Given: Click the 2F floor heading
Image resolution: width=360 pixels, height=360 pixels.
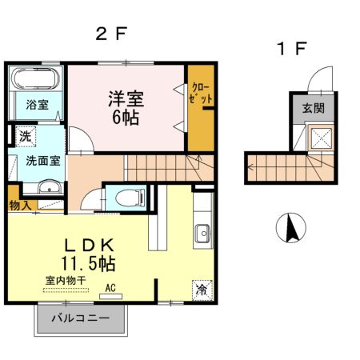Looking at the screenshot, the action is pyautogui.click(x=110, y=34).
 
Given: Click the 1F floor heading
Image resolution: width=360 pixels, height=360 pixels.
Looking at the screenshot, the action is pyautogui.click(x=291, y=49).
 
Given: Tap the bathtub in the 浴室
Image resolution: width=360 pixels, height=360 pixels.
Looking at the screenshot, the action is pyautogui.click(x=37, y=78).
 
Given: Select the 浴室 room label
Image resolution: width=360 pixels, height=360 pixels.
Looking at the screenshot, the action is pyautogui.click(x=37, y=105).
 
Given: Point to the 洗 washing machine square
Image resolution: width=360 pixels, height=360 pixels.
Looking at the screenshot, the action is pyautogui.click(x=26, y=137).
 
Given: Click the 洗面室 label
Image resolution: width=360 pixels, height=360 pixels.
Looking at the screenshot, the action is pyautogui.click(x=43, y=162).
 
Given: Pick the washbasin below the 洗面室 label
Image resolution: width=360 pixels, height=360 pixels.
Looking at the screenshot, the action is pyautogui.click(x=50, y=187).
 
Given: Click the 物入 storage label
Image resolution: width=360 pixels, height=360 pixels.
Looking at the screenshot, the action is pyautogui.click(x=19, y=206).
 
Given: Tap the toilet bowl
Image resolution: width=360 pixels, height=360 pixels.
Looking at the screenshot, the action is pyautogui.click(x=131, y=198).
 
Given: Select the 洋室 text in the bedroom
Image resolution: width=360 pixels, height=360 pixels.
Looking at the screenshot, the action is pyautogui.click(x=126, y=99).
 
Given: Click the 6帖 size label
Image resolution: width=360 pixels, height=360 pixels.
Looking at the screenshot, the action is pyautogui.click(x=126, y=118).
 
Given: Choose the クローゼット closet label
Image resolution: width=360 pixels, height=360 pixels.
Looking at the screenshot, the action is pyautogui.click(x=201, y=94).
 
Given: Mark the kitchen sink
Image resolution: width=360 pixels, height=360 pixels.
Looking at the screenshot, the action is pyautogui.click(x=203, y=234).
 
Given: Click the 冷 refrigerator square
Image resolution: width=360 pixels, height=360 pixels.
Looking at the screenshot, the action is pyautogui.click(x=202, y=290).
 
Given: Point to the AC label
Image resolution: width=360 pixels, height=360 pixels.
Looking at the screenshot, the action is pyautogui.click(x=110, y=288).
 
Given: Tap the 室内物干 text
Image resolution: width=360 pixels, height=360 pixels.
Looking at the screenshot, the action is pyautogui.click(x=66, y=281).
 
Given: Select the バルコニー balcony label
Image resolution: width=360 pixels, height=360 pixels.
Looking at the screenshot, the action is pyautogui.click(x=81, y=318).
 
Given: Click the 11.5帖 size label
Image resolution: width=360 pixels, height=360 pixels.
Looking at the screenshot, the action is pyautogui.click(x=88, y=263).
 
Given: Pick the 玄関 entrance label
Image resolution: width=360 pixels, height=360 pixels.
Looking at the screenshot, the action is pyautogui.click(x=314, y=108).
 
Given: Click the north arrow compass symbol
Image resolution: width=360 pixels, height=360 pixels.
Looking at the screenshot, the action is pyautogui.click(x=291, y=228).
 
